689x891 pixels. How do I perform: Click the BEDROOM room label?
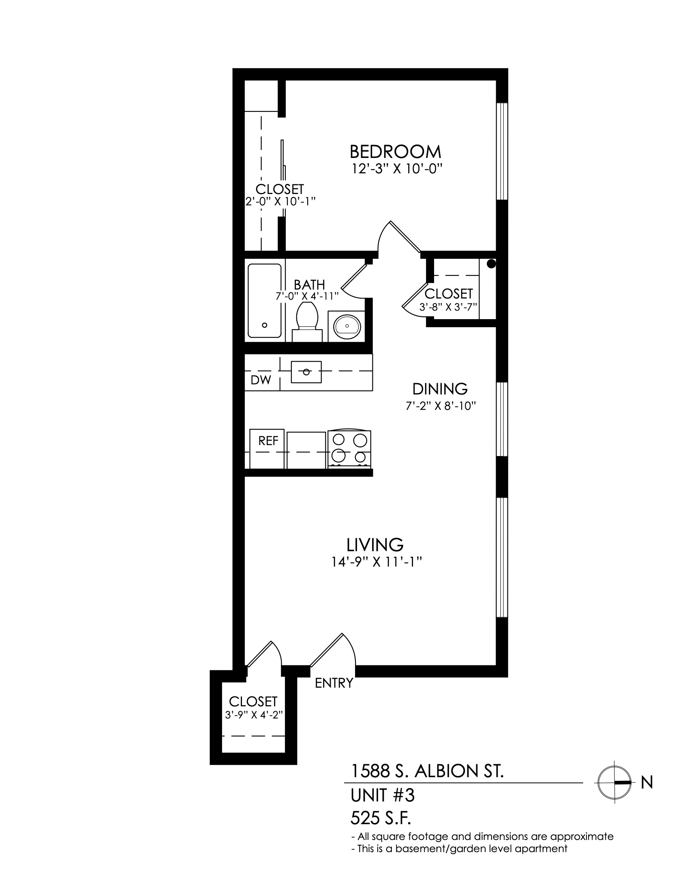pos(396,152)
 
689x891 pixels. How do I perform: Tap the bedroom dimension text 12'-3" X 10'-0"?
pos(397,169)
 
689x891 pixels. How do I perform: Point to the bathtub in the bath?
pos(265,301)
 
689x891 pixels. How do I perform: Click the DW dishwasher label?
pos(261,380)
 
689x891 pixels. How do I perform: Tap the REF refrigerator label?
pos(268,441)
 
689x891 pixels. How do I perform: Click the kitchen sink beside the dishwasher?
pos(306,372)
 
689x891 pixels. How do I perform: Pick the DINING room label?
pos(440,389)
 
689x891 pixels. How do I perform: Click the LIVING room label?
pos(375,545)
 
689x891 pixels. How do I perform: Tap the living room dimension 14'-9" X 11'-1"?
pos(377,563)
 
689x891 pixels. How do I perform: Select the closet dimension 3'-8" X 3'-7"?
pos(448,307)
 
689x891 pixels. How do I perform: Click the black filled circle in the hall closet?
pos(492,264)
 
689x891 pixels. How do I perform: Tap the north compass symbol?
pos(614,782)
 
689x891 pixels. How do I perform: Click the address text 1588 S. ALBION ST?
pos(428,771)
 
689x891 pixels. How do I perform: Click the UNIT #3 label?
pos(383,795)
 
